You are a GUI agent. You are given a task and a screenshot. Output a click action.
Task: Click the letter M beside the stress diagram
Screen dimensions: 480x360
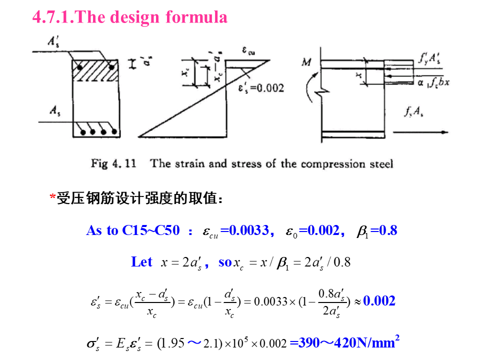307,62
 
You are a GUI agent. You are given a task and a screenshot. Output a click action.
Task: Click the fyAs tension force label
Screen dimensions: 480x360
414,112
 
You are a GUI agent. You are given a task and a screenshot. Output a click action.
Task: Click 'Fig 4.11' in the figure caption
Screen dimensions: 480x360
113,163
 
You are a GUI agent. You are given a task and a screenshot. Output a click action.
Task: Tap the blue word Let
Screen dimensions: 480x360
141,262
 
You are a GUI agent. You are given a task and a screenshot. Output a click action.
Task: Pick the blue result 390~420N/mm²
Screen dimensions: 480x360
344,342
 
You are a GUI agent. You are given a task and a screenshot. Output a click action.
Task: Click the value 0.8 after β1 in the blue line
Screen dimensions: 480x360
387,230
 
